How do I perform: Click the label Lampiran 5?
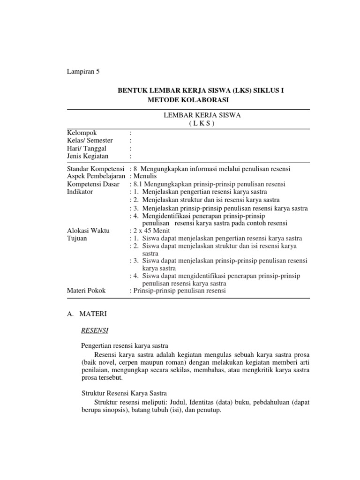click(x=84, y=72)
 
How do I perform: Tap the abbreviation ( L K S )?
click(x=201, y=124)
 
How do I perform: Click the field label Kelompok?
click(x=82, y=133)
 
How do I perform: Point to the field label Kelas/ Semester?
click(x=90, y=141)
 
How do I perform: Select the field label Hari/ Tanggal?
click(x=87, y=149)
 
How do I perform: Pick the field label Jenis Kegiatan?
click(x=88, y=156)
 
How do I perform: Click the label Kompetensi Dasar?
click(x=93, y=184)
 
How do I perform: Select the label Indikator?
click(x=80, y=192)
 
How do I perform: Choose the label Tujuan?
click(x=77, y=239)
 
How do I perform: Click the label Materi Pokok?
click(x=87, y=291)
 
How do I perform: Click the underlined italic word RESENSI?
click(x=95, y=331)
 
